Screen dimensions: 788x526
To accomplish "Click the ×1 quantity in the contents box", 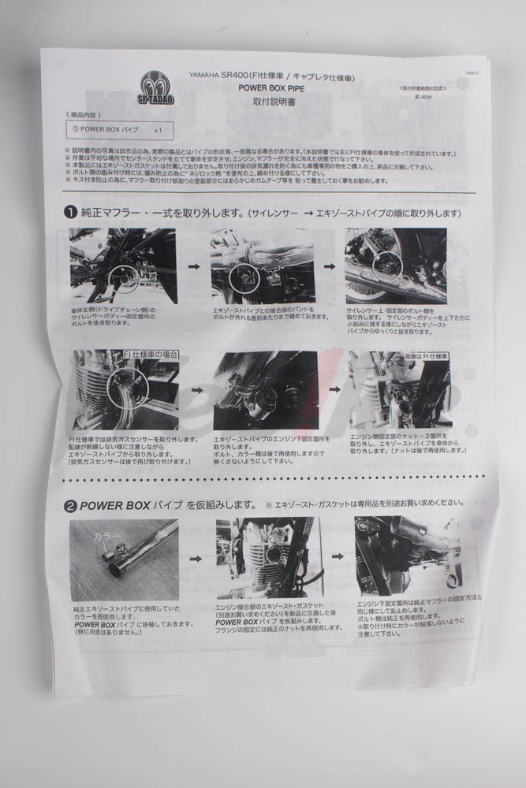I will pyautogui.click(x=158, y=129).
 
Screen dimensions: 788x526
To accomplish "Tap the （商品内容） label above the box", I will pyautogui.click(x=85, y=115).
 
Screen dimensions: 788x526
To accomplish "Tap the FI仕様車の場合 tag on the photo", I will pyautogui.click(x=152, y=355).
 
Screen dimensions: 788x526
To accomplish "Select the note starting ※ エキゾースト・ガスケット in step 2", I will pyautogui.click(x=363, y=502).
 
